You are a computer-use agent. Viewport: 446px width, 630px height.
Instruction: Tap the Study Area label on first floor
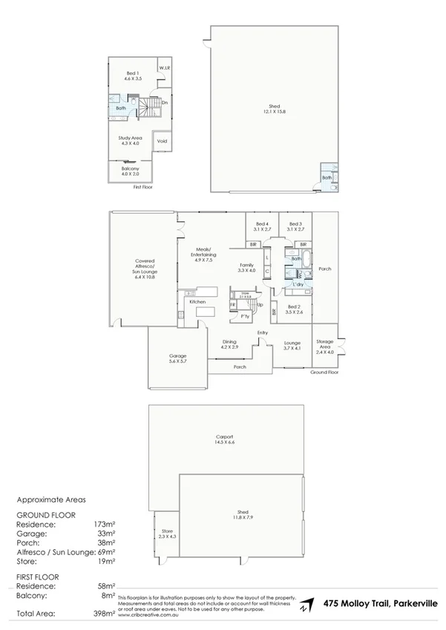(129, 140)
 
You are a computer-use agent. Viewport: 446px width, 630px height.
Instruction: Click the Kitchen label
(197, 302)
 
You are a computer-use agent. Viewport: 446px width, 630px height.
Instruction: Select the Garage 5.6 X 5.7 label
(177, 359)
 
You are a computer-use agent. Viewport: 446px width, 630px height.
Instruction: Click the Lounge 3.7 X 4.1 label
(292, 346)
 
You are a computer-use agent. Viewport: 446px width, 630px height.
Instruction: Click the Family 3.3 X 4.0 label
(246, 268)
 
